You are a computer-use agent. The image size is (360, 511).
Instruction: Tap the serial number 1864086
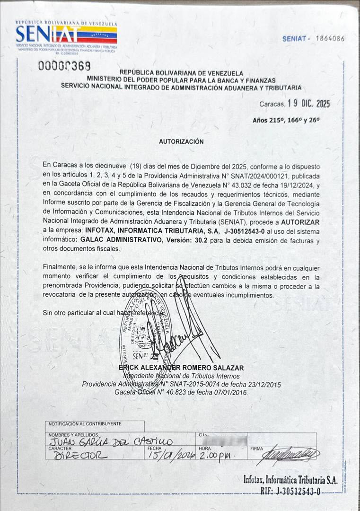[330, 39]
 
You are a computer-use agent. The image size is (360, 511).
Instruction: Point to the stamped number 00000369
[64, 66]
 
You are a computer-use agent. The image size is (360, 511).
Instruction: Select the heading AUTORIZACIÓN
[181, 141]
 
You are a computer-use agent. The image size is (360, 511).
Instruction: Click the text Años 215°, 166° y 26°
[286, 120]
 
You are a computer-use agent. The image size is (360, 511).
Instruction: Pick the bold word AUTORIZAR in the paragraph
[300, 221]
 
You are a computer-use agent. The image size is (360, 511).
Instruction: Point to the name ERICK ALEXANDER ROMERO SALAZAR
[182, 368]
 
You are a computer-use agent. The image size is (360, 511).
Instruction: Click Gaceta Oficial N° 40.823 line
[181, 392]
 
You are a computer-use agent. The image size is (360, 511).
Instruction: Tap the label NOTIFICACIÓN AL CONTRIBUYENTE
[85, 424]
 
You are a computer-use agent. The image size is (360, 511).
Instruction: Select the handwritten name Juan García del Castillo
[112, 442]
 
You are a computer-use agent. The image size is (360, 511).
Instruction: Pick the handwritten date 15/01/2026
[169, 456]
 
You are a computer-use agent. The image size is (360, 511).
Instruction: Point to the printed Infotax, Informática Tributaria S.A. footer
[290, 480]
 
